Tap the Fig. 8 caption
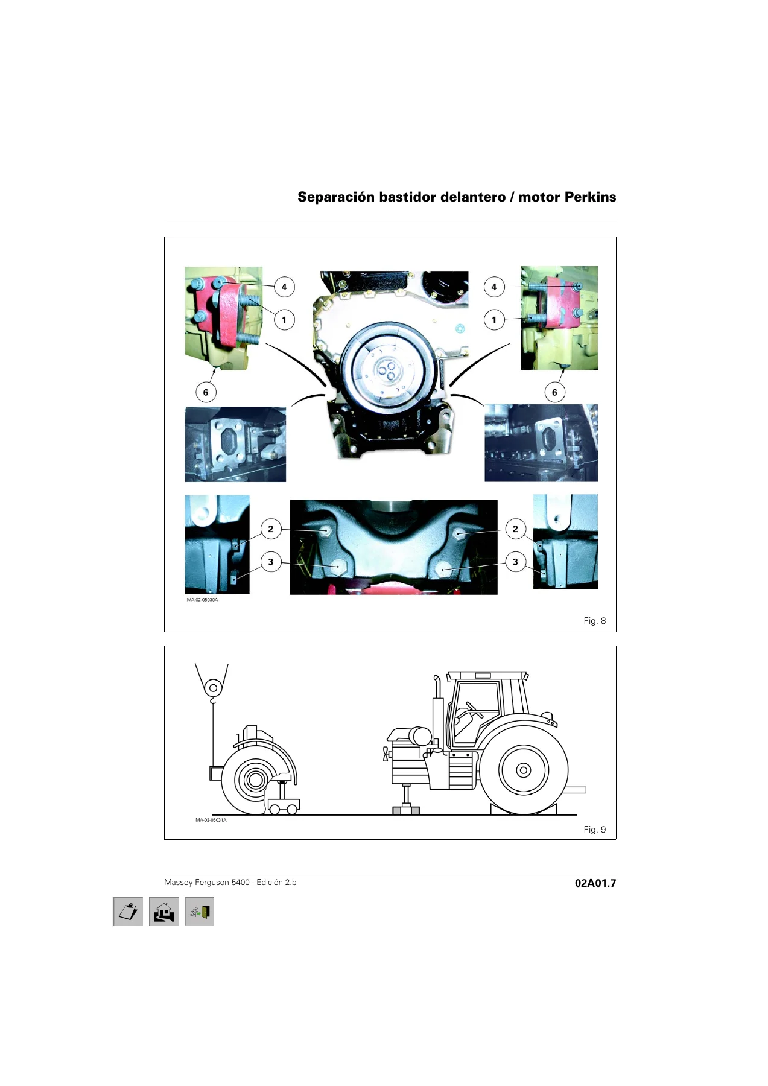594,621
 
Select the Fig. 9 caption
594,830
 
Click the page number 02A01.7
595,883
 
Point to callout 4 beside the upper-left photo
284,287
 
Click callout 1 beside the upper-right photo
494,320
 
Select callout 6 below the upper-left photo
206,392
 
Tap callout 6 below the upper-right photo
554,392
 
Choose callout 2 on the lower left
270,529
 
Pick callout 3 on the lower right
515,562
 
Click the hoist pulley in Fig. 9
212,688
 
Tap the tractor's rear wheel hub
524,770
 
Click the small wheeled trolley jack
282,800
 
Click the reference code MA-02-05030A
202,600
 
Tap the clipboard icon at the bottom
128,912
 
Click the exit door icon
199,912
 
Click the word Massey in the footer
178,883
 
